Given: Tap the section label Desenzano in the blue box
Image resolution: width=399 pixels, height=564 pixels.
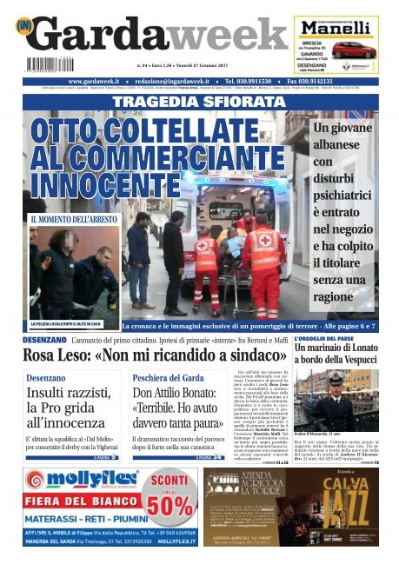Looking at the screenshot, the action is (x=45, y=378).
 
